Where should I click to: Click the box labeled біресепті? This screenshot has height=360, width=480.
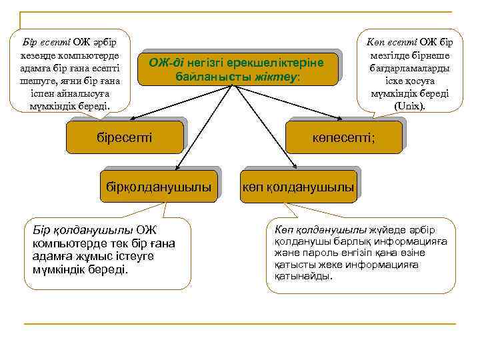pyautogui.click(x=125, y=138)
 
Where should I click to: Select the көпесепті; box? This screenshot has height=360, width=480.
pyautogui.click(x=344, y=138)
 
